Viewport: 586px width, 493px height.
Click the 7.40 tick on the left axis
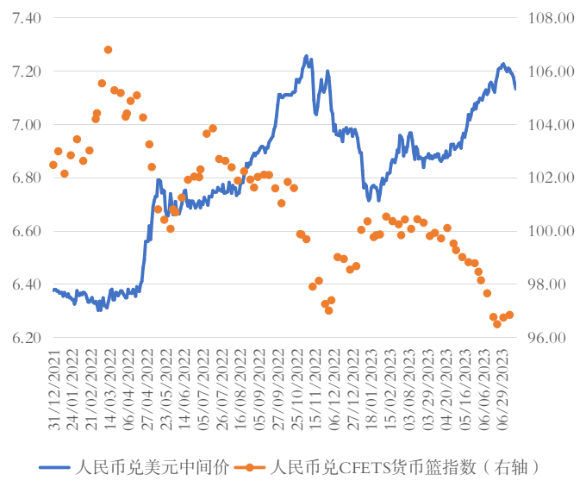click(x=28, y=18)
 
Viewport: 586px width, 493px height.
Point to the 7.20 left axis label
click(x=28, y=72)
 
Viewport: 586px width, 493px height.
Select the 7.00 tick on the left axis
click(x=28, y=125)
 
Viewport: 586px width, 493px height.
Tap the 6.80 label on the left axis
click(x=28, y=178)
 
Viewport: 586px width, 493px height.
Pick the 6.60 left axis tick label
click(x=28, y=232)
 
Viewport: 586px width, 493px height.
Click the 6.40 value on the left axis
click(x=28, y=284)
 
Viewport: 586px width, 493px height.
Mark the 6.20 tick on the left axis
click(x=28, y=338)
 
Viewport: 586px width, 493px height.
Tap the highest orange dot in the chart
click(x=108, y=50)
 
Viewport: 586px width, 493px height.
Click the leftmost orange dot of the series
click(x=53, y=165)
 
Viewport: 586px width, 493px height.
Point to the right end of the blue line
click(x=515, y=88)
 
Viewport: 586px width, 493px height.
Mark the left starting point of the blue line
click(x=53, y=289)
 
